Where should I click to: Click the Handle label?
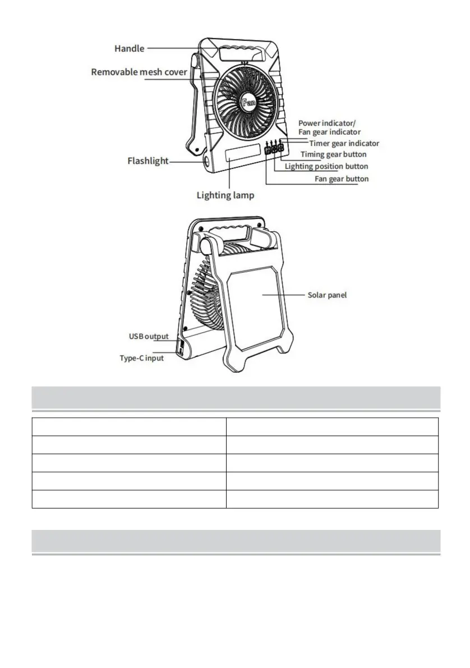(129, 49)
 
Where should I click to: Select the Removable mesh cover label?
(139, 72)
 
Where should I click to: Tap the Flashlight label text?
(148, 162)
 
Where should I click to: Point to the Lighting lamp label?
(225, 195)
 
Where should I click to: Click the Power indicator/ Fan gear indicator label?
(329, 127)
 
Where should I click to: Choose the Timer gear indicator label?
(344, 144)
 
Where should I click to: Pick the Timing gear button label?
(333, 154)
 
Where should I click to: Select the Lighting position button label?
(326, 166)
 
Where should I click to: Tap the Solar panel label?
(327, 295)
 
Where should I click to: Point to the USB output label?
(149, 336)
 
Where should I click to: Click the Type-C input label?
(142, 358)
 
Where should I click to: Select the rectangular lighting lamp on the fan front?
(243, 154)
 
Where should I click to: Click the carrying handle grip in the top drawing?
(241, 55)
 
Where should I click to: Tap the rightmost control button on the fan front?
(280, 149)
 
